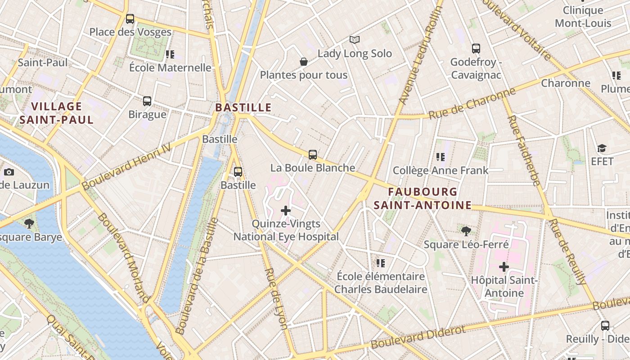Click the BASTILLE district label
coord(243,108)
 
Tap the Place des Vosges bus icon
coord(130,19)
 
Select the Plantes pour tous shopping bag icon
coord(304,62)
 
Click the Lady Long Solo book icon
coord(355,40)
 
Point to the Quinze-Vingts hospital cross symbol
coord(286,210)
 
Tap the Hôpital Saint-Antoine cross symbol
coord(504,267)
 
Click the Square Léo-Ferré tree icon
coord(466,231)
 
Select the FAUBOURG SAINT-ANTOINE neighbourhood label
coord(423,198)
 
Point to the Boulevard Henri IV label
coord(126,166)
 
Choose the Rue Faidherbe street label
coord(524,150)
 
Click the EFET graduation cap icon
coord(602,148)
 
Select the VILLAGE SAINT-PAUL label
coord(57,113)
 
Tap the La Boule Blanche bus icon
coord(313,155)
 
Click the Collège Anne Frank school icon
coord(440,157)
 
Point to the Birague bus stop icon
coord(147,101)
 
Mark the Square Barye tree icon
coord(29,223)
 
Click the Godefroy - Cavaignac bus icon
coord(476,49)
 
